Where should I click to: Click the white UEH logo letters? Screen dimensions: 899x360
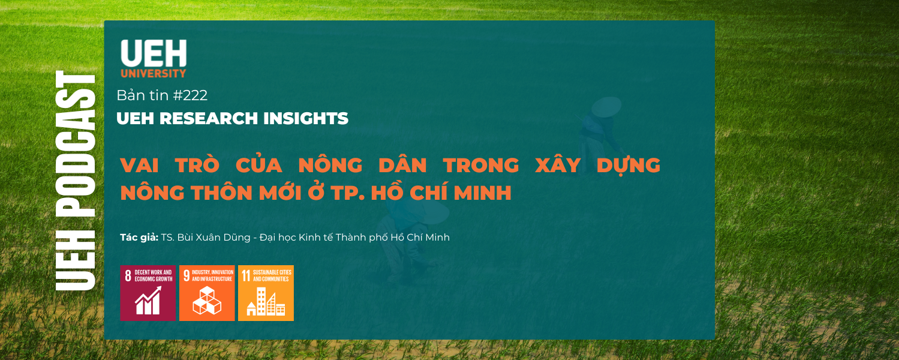click(x=154, y=53)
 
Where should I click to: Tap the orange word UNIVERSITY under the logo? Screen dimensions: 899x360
click(x=154, y=73)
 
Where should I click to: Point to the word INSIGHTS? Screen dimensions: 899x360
click(x=306, y=118)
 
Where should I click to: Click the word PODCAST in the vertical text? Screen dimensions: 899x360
click(x=76, y=144)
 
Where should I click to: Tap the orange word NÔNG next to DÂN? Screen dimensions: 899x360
click(x=330, y=164)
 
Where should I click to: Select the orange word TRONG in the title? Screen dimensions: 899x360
click(x=481, y=165)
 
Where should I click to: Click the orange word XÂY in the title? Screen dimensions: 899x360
click(x=558, y=164)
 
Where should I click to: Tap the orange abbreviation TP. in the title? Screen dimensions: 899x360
click(x=348, y=193)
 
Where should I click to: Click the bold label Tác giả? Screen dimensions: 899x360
click(x=139, y=238)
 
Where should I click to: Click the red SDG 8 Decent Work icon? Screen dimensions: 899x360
click(x=148, y=293)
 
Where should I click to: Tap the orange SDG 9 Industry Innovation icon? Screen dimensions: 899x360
click(x=207, y=293)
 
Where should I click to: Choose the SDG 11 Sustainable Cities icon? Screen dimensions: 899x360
click(x=266, y=293)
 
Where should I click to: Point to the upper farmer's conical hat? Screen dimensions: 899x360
click(x=606, y=106)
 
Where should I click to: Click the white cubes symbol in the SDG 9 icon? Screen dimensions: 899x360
click(x=207, y=301)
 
